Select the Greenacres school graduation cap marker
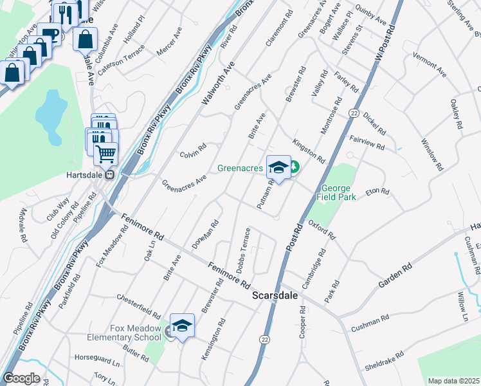tap(278, 168)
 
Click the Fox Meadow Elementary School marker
tap(183, 326)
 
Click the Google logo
tap(21, 378)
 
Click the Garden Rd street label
tap(390, 273)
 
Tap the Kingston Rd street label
tap(309, 151)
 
